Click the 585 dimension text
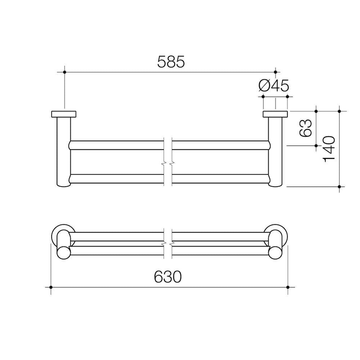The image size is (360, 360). point(171,62)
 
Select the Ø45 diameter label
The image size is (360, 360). point(273,86)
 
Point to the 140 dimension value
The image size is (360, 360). point(329,149)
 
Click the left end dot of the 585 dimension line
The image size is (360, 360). point(64,72)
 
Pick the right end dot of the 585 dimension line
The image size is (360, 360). point(275,72)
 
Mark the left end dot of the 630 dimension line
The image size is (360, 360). point(51,287)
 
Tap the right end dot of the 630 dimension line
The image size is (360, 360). point(288,287)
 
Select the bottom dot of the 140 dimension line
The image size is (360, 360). point(339,187)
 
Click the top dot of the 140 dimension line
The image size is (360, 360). point(339,111)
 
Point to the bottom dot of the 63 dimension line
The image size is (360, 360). point(316,146)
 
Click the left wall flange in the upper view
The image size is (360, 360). point(64,114)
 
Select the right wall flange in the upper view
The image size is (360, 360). point(275,114)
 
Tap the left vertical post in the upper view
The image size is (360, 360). point(64,150)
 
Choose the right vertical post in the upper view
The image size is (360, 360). point(276,150)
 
